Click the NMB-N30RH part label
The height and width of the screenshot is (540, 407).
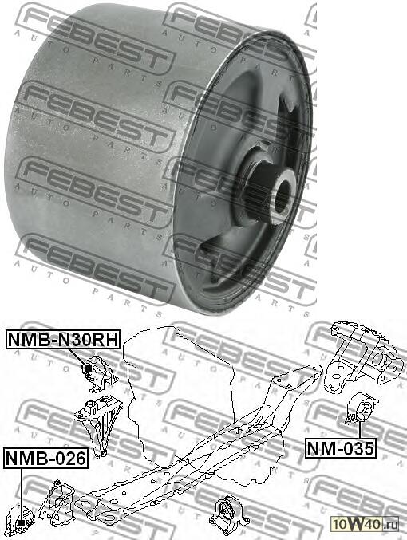point(63,340)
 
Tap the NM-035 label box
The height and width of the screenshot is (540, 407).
point(341,449)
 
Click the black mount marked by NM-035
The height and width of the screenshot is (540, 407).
point(361,409)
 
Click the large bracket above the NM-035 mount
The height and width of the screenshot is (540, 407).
point(363,359)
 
